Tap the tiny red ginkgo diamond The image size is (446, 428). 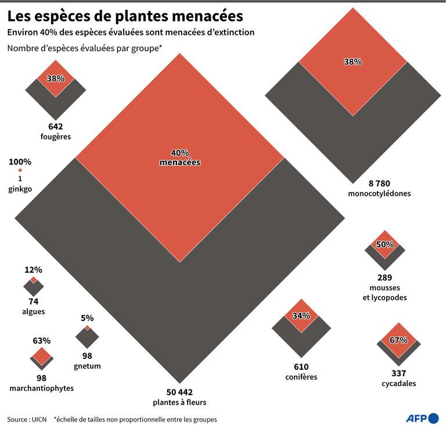click(20, 170)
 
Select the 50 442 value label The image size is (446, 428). click(179, 392)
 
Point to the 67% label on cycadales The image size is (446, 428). click(398, 341)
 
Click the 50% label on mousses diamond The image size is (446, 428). click(385, 245)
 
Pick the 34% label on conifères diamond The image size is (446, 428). click(301, 316)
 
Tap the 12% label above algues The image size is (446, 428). click(34, 270)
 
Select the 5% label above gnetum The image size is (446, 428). click(87, 318)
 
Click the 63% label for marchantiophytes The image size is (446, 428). click(42, 341)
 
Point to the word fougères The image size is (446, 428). click(56, 137)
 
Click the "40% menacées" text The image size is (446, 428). click(180, 158)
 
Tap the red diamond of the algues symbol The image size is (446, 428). click(34, 280)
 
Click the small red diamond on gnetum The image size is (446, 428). click(87, 328)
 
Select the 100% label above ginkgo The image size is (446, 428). click(20, 162)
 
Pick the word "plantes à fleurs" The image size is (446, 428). click(179, 402)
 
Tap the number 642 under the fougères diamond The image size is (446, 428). click(56, 127)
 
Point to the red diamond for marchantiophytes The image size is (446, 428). click(42, 355)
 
